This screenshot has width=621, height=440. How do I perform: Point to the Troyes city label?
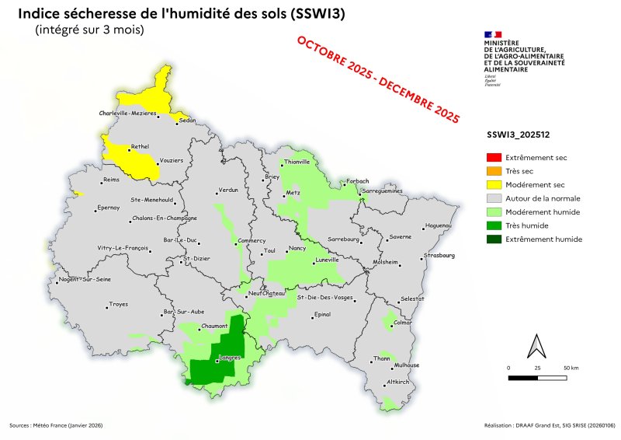119,304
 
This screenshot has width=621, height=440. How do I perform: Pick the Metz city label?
293,192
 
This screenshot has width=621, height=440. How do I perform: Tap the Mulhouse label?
407,365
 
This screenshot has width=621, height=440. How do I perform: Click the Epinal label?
321,315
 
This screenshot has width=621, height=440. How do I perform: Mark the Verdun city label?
228,190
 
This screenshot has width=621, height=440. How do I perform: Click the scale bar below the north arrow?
537,378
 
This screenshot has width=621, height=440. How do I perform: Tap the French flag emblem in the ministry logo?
492,35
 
